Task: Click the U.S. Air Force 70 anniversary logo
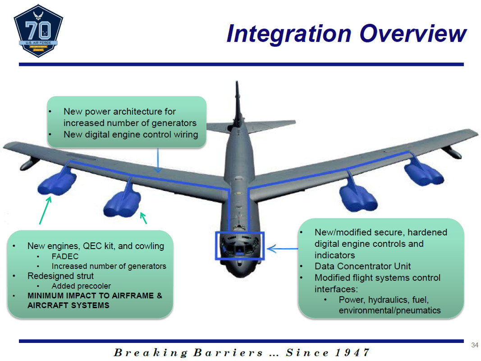point(38,31)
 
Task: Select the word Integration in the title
point(289,34)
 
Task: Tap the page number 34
point(475,345)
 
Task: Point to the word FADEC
point(65,256)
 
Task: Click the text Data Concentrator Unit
point(362,266)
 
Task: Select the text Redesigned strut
point(60,276)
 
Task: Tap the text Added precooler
point(81,286)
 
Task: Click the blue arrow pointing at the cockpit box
point(282,249)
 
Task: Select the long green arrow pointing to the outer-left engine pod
point(45,211)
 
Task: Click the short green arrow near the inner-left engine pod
point(143,218)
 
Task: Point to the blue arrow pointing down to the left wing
point(158,160)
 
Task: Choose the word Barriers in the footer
point(228,352)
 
